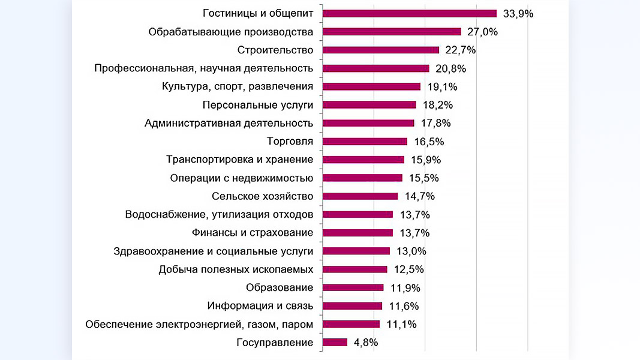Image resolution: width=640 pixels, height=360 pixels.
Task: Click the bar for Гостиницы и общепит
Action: click(x=410, y=13)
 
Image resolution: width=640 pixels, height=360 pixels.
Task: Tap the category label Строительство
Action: click(x=275, y=50)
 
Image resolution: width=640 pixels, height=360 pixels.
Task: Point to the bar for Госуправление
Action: click(x=335, y=343)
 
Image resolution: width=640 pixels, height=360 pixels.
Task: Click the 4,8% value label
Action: click(x=366, y=343)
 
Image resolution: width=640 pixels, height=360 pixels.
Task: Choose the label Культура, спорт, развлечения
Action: click(x=238, y=86)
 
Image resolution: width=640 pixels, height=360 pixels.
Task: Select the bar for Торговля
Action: click(x=365, y=142)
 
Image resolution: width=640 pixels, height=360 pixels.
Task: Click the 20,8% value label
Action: click(x=450, y=68)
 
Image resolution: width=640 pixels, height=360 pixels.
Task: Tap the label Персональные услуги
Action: click(x=258, y=105)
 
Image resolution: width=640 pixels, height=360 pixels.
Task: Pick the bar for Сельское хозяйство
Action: click(x=360, y=196)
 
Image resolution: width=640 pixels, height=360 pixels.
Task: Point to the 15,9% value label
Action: click(x=425, y=160)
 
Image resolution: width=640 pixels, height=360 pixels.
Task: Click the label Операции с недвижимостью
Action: click(x=242, y=178)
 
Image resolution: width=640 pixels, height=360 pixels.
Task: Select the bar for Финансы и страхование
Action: click(x=357, y=233)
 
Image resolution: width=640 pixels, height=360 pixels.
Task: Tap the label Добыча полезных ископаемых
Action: click(x=236, y=269)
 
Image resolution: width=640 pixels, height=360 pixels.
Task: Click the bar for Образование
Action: click(x=353, y=287)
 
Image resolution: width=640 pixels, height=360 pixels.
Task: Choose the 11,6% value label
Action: click(x=404, y=306)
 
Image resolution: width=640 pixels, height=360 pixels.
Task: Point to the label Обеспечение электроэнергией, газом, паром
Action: click(x=199, y=325)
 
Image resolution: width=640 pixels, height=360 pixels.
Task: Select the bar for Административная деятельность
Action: click(x=368, y=123)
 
